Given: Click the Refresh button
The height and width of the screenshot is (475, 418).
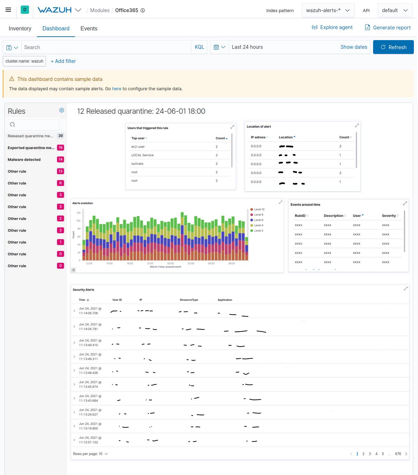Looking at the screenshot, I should point(393,47).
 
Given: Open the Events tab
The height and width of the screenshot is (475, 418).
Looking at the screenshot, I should point(89,29).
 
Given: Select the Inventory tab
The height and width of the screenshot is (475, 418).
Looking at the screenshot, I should point(20,29).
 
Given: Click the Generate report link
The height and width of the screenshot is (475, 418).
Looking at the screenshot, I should point(388,28).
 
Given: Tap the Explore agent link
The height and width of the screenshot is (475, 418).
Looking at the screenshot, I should point(332,27).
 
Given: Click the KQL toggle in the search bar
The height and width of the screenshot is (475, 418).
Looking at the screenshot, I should point(199,47).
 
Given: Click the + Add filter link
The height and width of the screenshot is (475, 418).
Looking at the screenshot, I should point(63,61).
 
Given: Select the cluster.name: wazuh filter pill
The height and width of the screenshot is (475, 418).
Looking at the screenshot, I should point(25,61).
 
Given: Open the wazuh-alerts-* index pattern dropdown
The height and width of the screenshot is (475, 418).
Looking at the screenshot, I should point(327,10).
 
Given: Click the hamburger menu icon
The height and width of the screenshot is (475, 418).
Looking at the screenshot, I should point(8,10).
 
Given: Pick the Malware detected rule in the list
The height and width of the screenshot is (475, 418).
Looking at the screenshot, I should point(24,160).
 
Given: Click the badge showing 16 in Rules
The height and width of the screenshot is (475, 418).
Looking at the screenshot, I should point(60,148).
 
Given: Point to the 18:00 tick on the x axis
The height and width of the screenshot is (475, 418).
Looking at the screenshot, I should point(130,263).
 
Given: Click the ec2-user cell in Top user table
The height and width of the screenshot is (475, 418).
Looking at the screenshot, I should point(138,147).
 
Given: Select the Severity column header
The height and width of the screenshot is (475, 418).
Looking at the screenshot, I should point(389,216).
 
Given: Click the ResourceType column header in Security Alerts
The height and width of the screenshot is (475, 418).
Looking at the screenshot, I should point(189,300).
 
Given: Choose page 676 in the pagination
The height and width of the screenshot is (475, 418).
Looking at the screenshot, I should point(398,454).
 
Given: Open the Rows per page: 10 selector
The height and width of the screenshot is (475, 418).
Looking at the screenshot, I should point(90,454).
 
